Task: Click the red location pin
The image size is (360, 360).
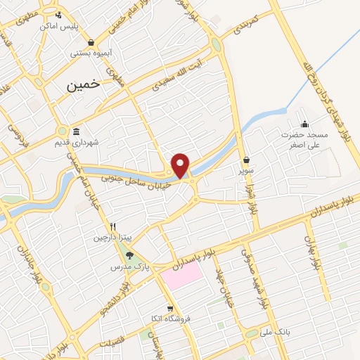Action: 181,165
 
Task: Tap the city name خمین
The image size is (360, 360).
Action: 84,85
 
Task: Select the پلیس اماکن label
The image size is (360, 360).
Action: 79,26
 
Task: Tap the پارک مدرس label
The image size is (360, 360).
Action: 124,267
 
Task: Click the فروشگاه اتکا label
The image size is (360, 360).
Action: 161,319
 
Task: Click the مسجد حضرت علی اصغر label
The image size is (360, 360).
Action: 305,139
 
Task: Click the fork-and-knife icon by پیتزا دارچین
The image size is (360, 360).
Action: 112,226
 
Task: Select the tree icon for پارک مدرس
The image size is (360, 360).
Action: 129,255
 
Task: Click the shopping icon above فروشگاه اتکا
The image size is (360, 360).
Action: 169,308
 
